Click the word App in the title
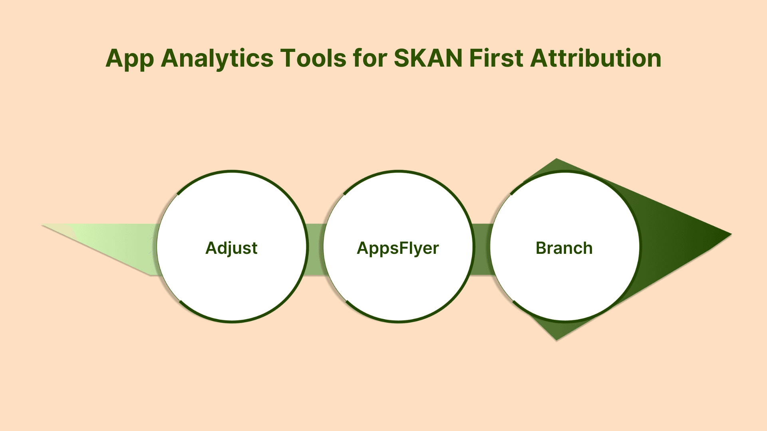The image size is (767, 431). coord(130,59)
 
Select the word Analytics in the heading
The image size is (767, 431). coord(217,59)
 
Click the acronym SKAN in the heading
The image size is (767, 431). coord(428,58)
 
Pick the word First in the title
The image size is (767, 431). coord(497,58)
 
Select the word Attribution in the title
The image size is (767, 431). coord(596,58)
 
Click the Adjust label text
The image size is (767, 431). coord(231,249)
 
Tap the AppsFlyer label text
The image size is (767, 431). coord(398,249)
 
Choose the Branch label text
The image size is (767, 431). coord(564,248)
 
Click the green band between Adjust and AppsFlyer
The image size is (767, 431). coord(316,249)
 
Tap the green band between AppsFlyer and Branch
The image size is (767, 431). coord(482,249)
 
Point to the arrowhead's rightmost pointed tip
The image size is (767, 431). coord(731,234)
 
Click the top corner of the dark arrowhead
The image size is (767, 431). coord(556,159)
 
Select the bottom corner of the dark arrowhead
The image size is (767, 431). coord(556,340)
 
